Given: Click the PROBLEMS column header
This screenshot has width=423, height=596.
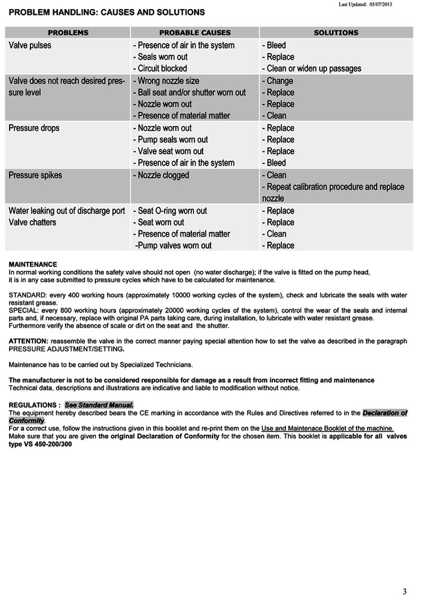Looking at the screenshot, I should coord(68,33).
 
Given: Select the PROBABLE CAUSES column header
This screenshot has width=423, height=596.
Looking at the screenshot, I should coord(195,33).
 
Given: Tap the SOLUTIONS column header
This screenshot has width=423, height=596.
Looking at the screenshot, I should coord(336,33).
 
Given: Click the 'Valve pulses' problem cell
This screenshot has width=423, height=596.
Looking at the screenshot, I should coord(30,45).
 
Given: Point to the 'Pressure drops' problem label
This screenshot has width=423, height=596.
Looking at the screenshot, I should coord(34,128).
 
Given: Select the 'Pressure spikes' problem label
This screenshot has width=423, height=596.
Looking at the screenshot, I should coord(36,175).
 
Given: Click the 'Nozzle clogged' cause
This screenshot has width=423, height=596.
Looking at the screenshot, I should coord(163,175).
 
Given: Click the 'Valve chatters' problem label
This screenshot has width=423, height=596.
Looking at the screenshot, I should coord(32,222).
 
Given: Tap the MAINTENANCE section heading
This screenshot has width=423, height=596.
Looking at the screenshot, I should coord(33,264).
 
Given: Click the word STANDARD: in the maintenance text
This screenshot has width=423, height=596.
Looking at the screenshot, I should coord(27,295).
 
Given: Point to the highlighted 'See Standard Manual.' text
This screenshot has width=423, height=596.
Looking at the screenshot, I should coord(99,405).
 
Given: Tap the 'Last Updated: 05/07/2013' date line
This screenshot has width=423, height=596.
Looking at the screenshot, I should coord(365,4).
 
